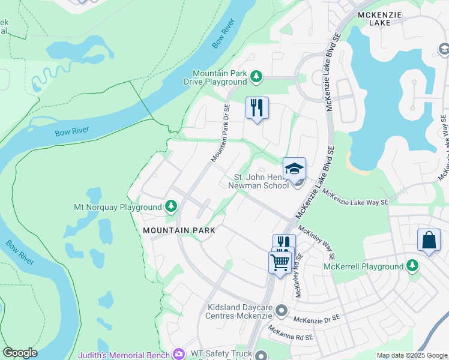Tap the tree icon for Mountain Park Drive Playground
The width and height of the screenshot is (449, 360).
[256, 76]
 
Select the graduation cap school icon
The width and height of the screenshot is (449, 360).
[294, 169]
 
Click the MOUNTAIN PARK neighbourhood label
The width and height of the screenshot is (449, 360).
[179, 230]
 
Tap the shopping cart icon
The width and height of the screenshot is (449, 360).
[280, 262]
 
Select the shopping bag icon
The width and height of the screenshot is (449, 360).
[430, 240]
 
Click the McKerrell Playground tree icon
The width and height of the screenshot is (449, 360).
[412, 266]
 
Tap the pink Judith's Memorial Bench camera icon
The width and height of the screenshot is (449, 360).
[179, 355]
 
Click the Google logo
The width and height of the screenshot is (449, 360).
[20, 353]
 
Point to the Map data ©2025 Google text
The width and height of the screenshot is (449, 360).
[412, 356]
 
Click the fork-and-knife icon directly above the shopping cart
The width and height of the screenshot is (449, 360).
[283, 242]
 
